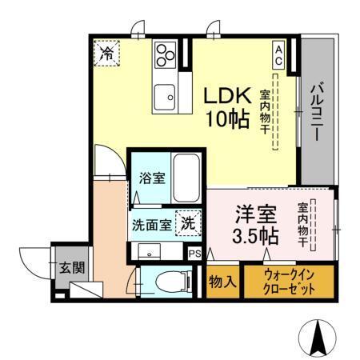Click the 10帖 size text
tap(227, 121)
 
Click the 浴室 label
tap(152, 178)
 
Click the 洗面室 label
tap(151, 225)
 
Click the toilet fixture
tap(169, 281)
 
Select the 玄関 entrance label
tap(66, 269)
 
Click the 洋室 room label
tap(256, 214)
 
